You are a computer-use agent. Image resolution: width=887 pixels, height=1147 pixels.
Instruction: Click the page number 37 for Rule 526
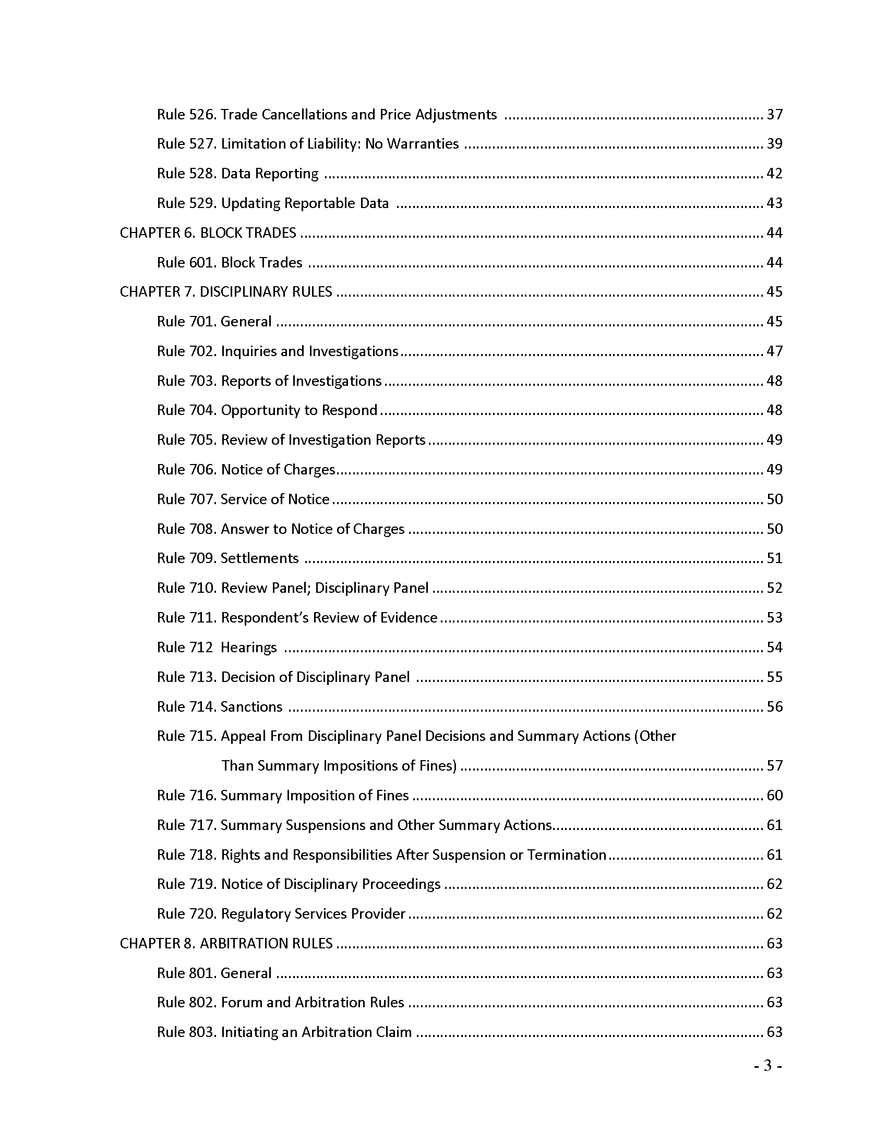coord(774,115)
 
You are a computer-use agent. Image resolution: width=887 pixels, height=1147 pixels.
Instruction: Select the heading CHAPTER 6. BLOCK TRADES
coord(208,233)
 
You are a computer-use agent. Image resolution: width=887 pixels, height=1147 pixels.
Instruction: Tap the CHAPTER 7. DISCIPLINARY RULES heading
coord(226,291)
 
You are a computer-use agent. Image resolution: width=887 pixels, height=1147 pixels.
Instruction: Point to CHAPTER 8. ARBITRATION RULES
coord(226,943)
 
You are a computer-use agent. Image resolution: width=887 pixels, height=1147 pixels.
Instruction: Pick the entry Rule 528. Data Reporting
coord(237,173)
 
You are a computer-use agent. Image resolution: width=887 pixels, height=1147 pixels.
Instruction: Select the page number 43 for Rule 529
coord(774,203)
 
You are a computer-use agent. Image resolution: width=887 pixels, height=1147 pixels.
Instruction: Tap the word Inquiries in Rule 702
coord(248,351)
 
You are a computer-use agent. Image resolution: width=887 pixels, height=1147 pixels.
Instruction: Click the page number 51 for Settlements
coord(774,558)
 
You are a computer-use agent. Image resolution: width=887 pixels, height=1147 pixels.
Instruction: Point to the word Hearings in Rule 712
coord(248,648)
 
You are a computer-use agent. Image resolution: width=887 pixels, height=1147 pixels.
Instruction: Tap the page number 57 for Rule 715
coord(774,766)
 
